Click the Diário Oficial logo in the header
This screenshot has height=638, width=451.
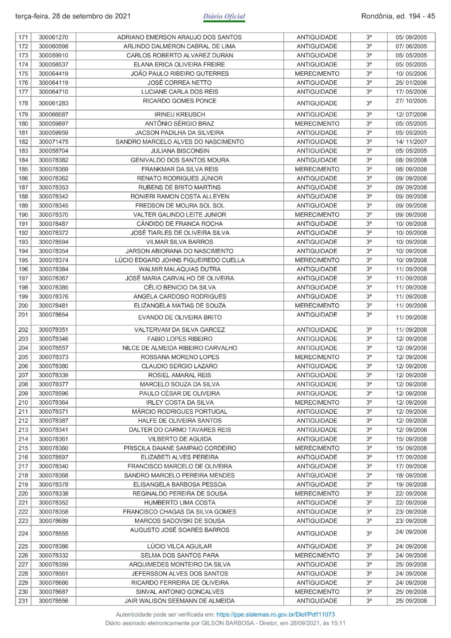click(224, 16)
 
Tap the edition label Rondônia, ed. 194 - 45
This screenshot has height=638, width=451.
click(398, 16)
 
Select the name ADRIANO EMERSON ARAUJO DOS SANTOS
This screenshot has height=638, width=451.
click(179, 37)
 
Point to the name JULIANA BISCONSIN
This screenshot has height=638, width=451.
click(179, 151)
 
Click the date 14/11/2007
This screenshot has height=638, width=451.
click(411, 142)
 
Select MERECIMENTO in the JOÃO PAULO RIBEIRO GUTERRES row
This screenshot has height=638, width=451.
click(317, 74)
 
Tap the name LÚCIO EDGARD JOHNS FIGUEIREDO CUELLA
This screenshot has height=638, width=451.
click(179, 260)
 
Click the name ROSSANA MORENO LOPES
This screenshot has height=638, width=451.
click(179, 357)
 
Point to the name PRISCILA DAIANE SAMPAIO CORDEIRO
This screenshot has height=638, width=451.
click(179, 448)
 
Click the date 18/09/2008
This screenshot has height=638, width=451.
click(411, 476)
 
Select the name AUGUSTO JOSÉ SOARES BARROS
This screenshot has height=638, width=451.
click(179, 530)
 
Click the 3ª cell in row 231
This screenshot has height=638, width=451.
click(369, 601)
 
